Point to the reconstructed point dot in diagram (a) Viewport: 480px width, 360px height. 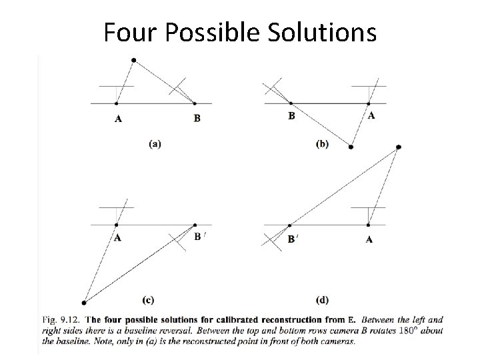click(134, 60)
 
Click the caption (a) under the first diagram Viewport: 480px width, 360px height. click(155, 143)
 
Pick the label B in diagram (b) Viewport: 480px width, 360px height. click(291, 115)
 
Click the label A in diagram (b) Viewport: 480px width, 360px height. click(371, 115)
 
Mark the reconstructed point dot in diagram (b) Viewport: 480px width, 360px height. click(351, 147)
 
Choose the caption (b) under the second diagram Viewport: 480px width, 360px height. click(321, 143)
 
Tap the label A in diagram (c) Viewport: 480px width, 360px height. click(118, 237)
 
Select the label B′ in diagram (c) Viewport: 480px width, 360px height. click(199, 237)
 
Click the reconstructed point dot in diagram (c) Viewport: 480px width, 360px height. click(84, 303)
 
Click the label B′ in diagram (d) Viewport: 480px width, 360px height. click(292, 239)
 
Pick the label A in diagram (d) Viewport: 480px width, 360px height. click(369, 239)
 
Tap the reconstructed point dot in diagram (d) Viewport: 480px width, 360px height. click(398, 147)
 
